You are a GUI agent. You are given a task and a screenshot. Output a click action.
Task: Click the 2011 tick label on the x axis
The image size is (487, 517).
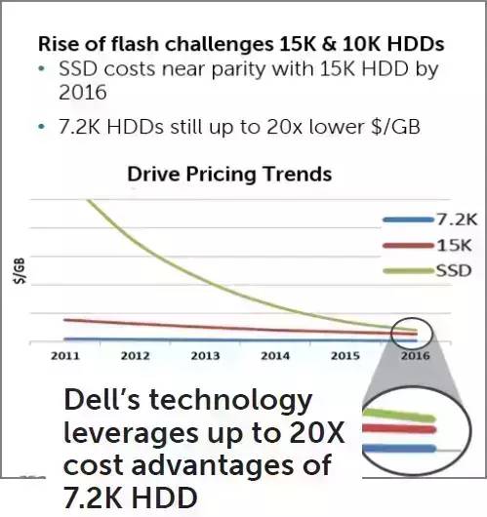click(65, 356)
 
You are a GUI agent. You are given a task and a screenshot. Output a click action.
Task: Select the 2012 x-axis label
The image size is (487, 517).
click(136, 356)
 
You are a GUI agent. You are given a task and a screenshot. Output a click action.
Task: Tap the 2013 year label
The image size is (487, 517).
click(205, 356)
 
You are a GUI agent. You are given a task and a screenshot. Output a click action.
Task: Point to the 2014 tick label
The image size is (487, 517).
click(275, 356)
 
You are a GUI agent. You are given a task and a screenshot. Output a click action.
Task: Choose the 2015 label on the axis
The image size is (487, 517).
click(345, 356)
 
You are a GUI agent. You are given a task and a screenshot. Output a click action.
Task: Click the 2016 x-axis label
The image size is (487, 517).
click(416, 356)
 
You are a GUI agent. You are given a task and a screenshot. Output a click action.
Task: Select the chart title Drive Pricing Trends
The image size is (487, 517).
click(229, 174)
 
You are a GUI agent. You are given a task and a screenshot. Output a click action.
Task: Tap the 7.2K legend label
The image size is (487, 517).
click(458, 219)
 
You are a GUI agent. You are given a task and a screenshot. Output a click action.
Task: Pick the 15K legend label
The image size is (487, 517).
click(455, 245)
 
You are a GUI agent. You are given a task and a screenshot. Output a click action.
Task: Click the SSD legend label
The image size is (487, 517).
click(454, 271)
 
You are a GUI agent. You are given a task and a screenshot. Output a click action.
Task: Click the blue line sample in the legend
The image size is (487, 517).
click(409, 219)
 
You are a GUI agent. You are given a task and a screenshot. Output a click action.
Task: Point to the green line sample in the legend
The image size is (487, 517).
click(409, 271)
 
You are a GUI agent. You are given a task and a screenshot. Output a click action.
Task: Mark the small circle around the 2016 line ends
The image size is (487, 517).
click(391, 334)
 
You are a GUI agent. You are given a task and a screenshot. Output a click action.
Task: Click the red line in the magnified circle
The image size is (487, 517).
click(399, 429)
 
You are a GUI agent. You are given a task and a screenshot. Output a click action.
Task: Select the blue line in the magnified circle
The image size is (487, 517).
click(399, 449)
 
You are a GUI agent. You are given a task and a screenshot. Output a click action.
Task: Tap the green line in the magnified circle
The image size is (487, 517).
click(399, 416)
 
